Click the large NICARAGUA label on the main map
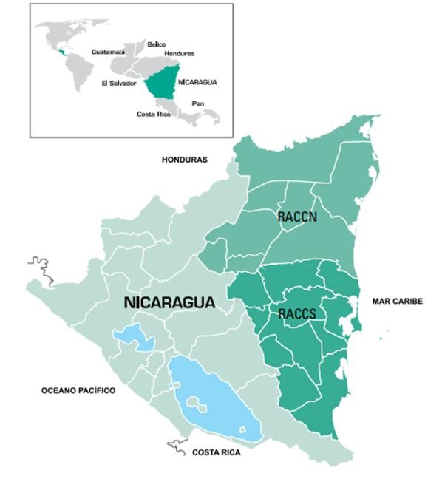click(170, 303)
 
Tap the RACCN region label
click(297, 217)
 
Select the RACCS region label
click(298, 314)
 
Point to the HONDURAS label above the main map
click(185, 160)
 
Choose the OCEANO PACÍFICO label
click(78, 390)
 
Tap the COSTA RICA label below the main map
click(216, 452)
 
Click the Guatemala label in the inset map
click(108, 52)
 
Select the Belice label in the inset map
click(157, 44)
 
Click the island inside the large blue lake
click(197, 404)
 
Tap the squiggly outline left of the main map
click(41, 268)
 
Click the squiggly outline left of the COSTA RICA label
click(177, 446)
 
